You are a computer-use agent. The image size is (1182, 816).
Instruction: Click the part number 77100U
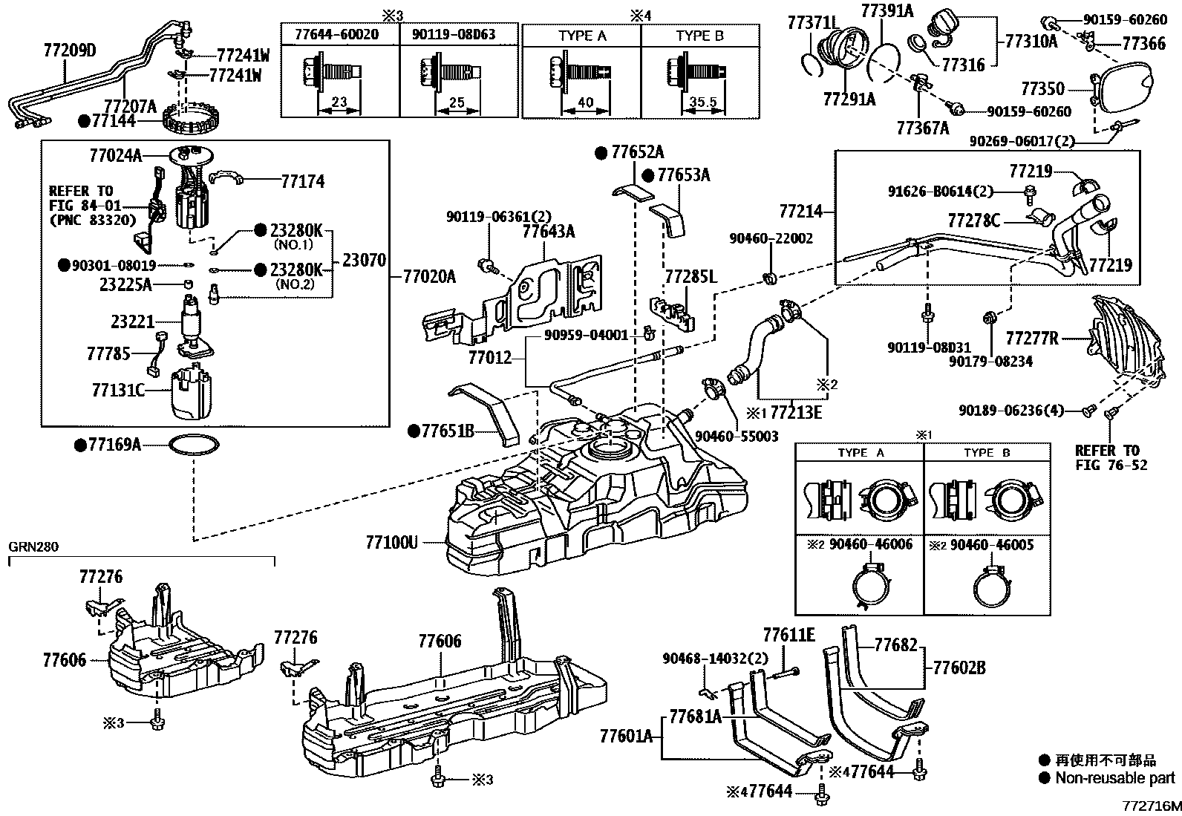tap(391, 543)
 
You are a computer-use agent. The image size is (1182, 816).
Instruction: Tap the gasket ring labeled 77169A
tap(195, 445)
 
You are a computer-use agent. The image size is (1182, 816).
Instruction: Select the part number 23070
tap(365, 261)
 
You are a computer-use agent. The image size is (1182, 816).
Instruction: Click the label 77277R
tap(1032, 339)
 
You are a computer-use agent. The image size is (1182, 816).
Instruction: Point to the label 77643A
tap(548, 232)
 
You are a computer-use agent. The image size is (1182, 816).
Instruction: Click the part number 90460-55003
tap(737, 437)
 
